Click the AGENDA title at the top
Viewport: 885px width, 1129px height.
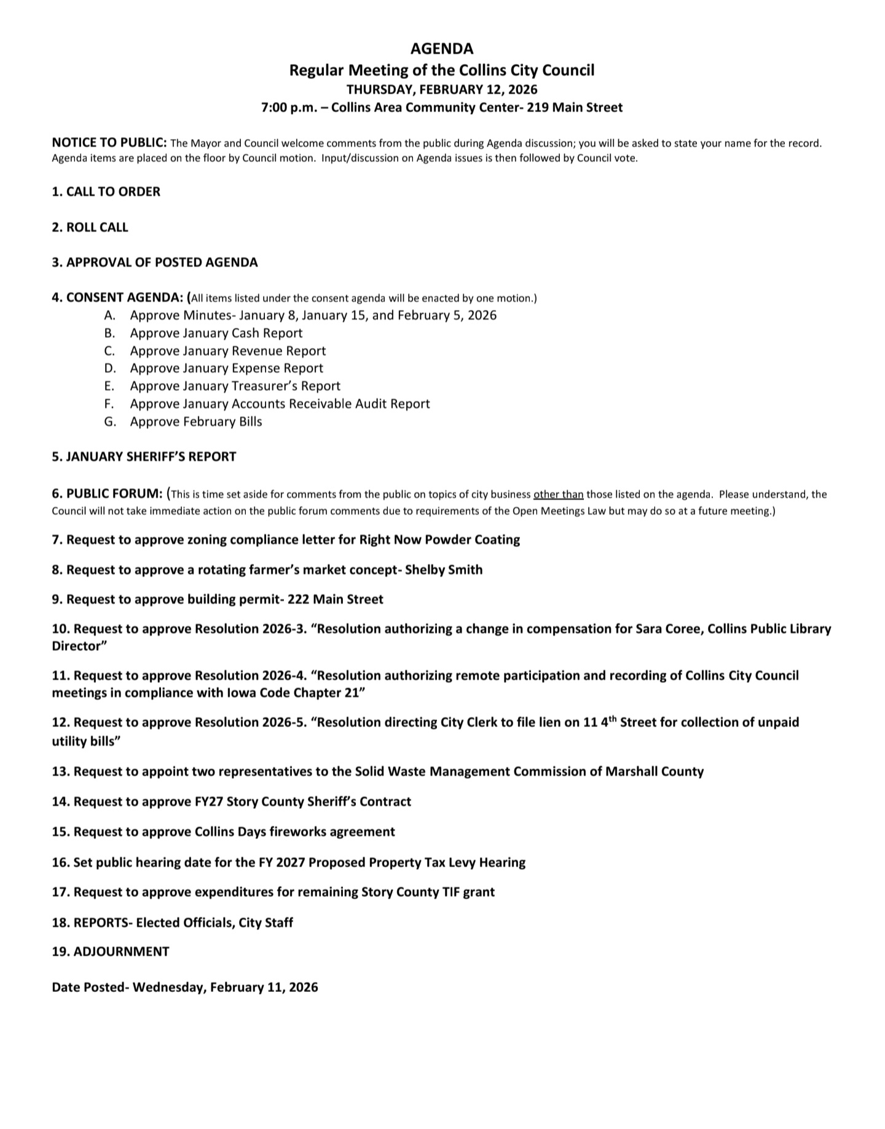pos(442,49)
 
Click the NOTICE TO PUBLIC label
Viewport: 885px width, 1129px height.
pos(109,143)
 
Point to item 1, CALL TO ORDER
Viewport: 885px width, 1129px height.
pos(106,192)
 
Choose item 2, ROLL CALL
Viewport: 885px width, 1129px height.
pos(90,227)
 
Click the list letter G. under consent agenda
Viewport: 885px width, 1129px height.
pos(110,422)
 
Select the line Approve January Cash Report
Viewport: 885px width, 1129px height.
pos(216,333)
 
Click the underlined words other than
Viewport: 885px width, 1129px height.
pos(558,495)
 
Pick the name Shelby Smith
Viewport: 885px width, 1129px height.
pos(444,570)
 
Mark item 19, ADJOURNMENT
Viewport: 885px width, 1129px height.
pos(110,952)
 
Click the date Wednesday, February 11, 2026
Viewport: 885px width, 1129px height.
pos(226,988)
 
